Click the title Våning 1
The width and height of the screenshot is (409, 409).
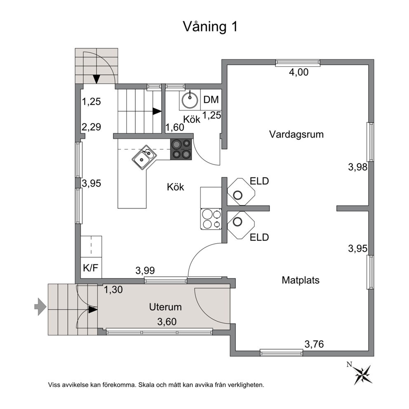[210, 27]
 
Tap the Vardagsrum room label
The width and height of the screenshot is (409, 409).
[296, 134]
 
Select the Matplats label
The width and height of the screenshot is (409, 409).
[301, 280]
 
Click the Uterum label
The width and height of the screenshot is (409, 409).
[165, 307]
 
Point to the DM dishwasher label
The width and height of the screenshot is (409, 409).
[211, 100]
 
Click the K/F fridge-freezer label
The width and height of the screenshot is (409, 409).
[91, 268]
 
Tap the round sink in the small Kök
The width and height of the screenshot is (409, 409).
[190, 100]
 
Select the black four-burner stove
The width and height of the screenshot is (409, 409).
[181, 149]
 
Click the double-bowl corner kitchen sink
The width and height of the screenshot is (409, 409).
[144, 157]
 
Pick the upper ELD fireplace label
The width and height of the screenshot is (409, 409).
[259, 181]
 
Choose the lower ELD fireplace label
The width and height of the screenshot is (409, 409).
[259, 237]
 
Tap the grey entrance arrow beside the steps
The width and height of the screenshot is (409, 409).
[40, 306]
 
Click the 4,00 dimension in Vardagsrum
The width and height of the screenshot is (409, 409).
[299, 72]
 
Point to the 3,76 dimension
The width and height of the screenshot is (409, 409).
[314, 344]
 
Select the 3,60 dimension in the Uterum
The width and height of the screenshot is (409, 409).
[167, 322]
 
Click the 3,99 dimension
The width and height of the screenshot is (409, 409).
[145, 270]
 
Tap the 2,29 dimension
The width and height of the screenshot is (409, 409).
[91, 127]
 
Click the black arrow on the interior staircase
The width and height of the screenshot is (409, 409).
[157, 111]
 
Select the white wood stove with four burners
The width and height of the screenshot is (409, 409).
[211, 219]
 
